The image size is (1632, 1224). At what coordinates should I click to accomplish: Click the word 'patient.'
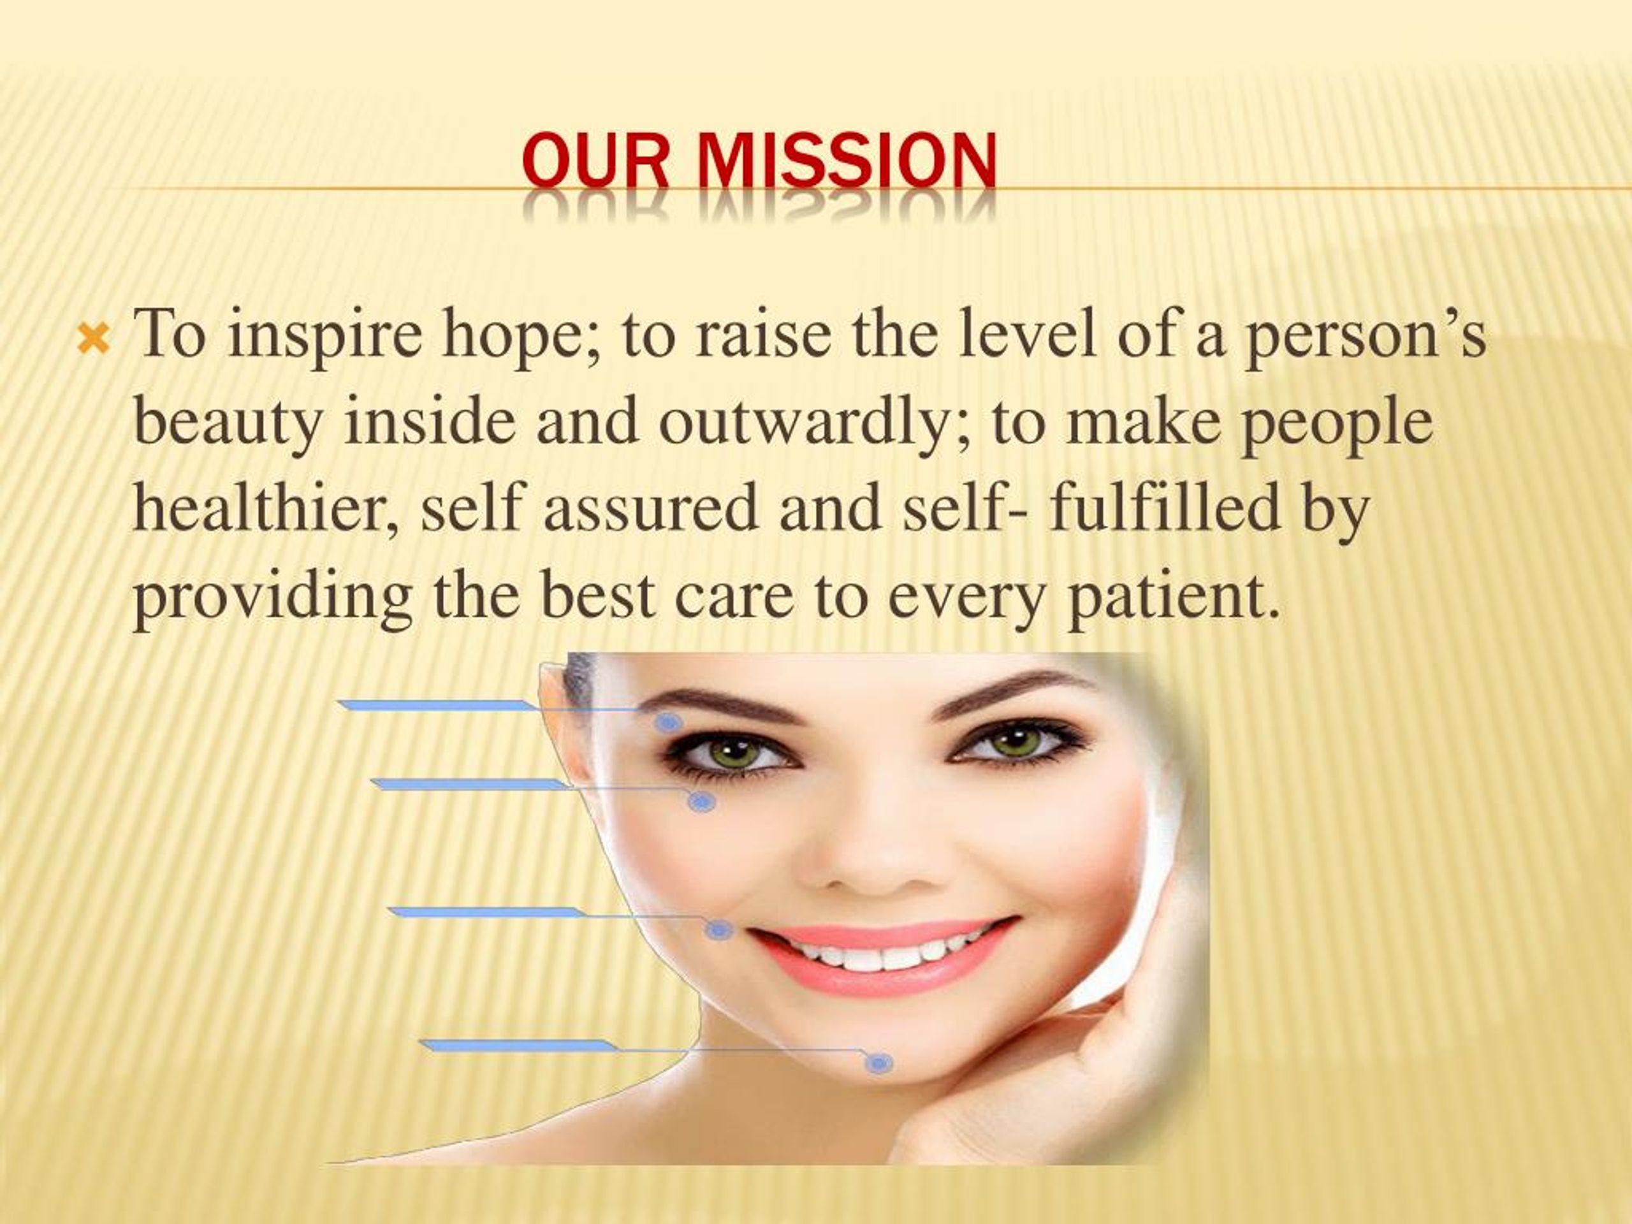pyautogui.click(x=1172, y=597)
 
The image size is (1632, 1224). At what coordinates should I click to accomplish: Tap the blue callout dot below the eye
pyautogui.click(x=700, y=801)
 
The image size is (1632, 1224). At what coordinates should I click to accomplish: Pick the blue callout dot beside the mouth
pyautogui.click(x=718, y=929)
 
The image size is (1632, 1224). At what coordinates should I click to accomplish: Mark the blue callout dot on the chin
pyautogui.click(x=878, y=1063)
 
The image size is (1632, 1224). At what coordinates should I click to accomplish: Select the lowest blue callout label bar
pyautogui.click(x=520, y=1045)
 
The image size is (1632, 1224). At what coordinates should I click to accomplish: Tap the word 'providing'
pyautogui.click(x=272, y=597)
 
